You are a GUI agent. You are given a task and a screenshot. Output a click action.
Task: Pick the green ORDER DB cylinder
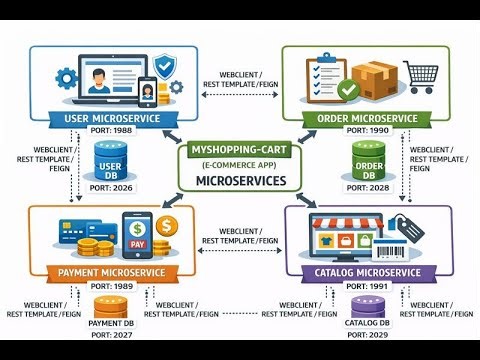(369, 162)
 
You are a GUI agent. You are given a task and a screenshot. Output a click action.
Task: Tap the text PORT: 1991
(372, 285)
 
